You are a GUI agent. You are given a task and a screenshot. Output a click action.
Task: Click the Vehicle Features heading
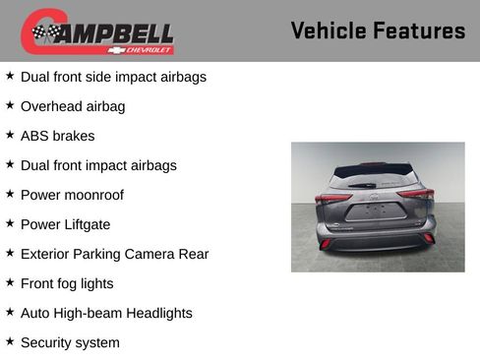click(x=378, y=30)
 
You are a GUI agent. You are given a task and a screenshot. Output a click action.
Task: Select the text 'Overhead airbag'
click(x=73, y=106)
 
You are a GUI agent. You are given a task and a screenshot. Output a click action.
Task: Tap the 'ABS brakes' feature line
click(x=57, y=136)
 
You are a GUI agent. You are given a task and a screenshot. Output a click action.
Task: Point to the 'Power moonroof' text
click(x=72, y=195)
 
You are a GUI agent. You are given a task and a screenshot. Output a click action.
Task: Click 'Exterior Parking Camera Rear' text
click(x=114, y=254)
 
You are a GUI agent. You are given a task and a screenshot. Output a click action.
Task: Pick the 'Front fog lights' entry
click(x=67, y=283)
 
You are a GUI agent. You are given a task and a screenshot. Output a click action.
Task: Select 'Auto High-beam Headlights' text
click(x=106, y=313)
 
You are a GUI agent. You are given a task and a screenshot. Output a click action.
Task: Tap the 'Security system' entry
click(x=70, y=342)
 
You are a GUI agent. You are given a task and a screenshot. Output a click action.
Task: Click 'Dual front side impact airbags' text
click(x=113, y=77)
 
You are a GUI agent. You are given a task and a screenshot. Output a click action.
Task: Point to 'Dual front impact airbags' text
click(x=98, y=165)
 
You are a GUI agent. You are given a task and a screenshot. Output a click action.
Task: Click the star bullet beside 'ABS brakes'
click(x=10, y=134)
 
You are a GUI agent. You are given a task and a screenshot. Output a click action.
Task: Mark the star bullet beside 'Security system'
click(x=10, y=340)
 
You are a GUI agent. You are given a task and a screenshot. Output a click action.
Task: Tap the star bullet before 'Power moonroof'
click(x=10, y=193)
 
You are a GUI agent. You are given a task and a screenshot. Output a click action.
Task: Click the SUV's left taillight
click(x=332, y=198)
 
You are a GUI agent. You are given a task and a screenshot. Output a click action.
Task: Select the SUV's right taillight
click(x=417, y=195)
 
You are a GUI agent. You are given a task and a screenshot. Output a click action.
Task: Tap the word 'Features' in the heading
click(x=418, y=30)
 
